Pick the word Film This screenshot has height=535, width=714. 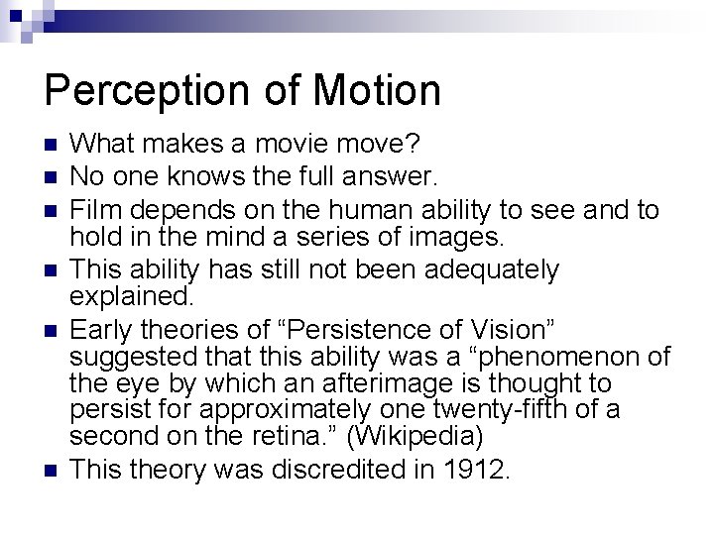point(95,209)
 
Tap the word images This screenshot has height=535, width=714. point(460,238)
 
